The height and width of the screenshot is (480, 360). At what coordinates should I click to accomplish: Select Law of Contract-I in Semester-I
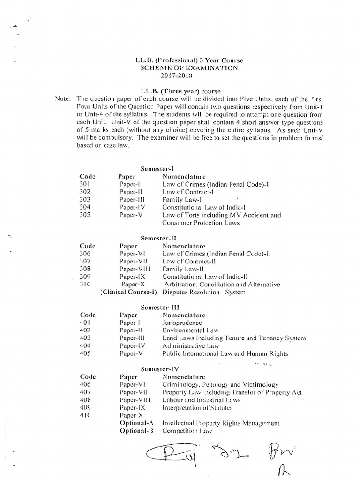(x=187, y=192)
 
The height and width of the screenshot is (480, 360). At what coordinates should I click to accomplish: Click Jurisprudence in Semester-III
(x=182, y=322)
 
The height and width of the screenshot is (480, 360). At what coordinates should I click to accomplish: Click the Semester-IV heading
(x=159, y=369)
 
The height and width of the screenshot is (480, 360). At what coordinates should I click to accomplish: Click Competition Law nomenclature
(x=187, y=430)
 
